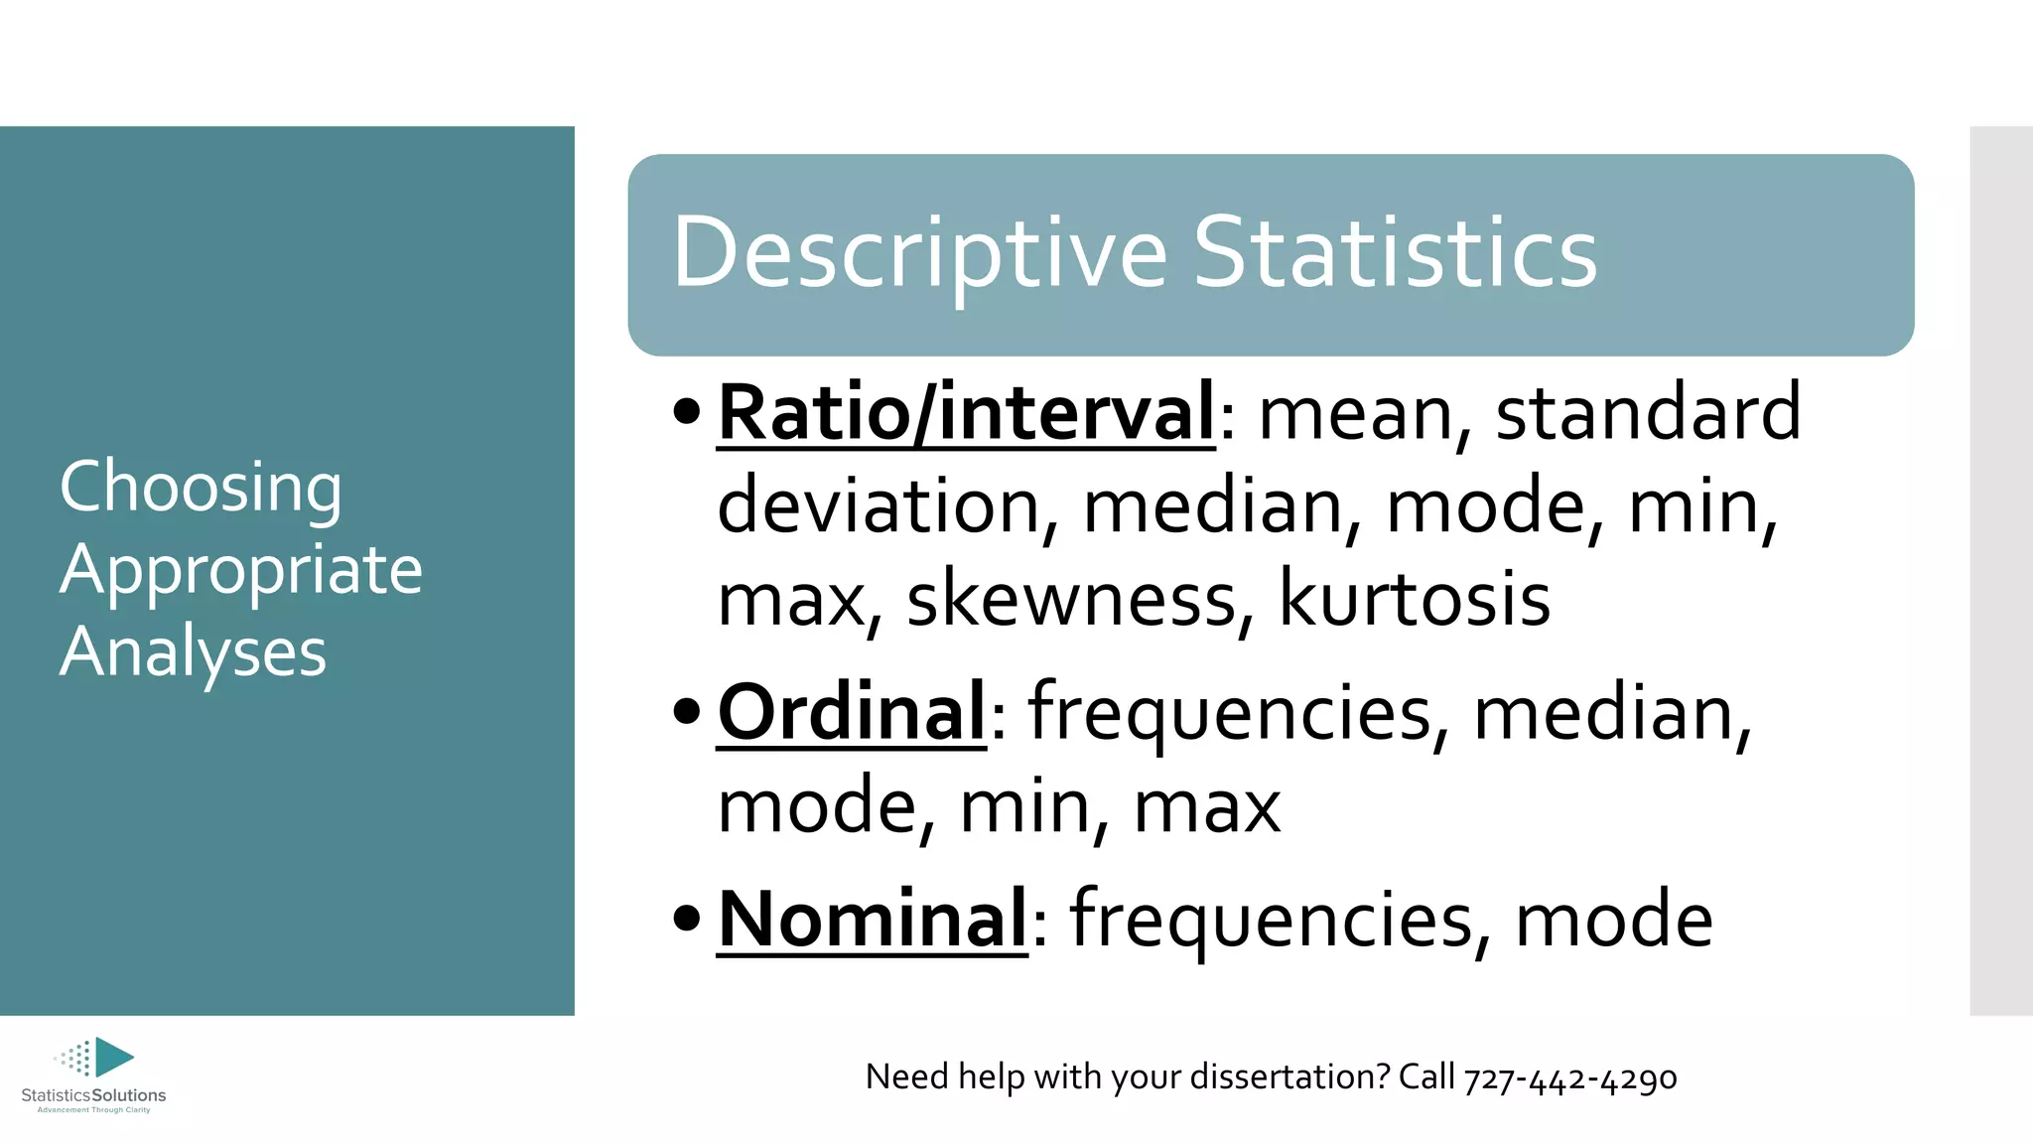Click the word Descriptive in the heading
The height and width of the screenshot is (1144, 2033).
(919, 253)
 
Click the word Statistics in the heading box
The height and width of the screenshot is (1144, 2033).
(1395, 253)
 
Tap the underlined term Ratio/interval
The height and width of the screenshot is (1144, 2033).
(965, 412)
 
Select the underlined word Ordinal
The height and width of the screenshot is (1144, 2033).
(851, 712)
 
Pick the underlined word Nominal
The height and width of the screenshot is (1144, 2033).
(872, 919)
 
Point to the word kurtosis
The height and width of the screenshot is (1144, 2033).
(1414, 599)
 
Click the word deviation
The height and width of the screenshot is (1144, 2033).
(880, 505)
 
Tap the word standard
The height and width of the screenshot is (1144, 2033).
(1648, 412)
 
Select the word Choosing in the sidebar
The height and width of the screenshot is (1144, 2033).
(201, 488)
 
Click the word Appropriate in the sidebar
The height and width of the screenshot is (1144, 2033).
(241, 571)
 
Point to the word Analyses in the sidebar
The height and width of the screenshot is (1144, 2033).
(193, 652)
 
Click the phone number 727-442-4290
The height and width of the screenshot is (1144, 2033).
(1570, 1077)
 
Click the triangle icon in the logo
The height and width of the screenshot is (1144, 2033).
(113, 1058)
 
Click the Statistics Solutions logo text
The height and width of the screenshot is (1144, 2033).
(93, 1095)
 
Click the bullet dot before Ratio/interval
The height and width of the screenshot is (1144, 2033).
(686, 411)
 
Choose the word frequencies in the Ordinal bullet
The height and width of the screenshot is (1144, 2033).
(1231, 712)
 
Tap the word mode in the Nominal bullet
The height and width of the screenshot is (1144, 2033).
(1613, 919)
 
